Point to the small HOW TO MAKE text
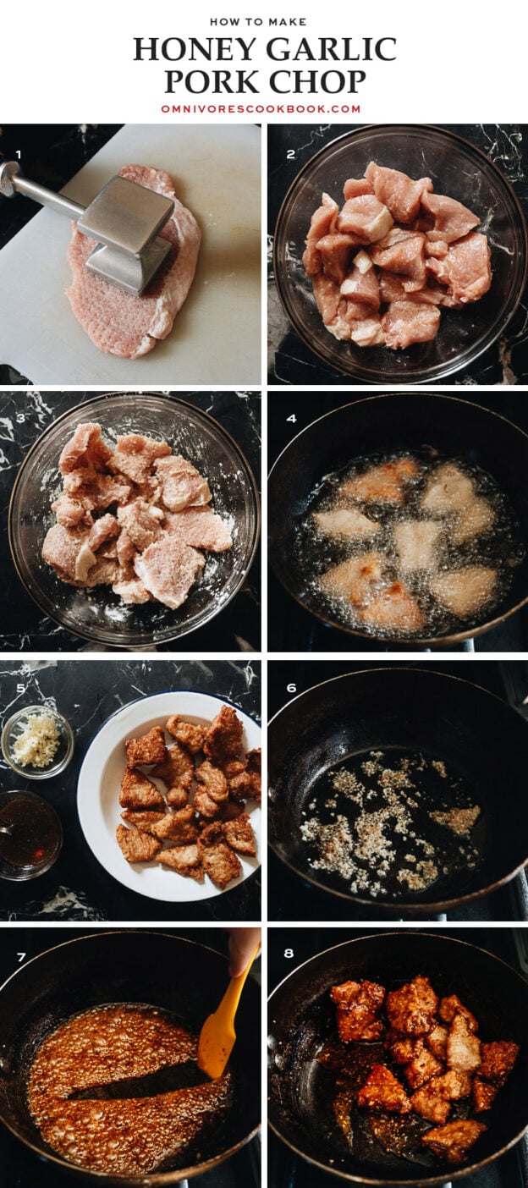pyautogui.click(x=258, y=22)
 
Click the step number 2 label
pyautogui.click(x=290, y=155)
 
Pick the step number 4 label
pyautogui.click(x=290, y=418)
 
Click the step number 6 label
pyautogui.click(x=290, y=688)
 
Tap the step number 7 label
pyautogui.click(x=20, y=957)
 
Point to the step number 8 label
pyautogui.click(x=289, y=954)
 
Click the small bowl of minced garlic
pyautogui.click(x=36, y=741)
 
